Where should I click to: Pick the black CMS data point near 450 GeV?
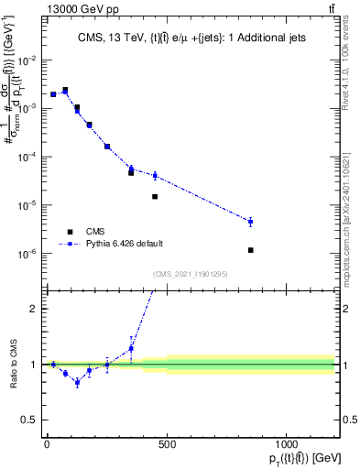tap(155, 197)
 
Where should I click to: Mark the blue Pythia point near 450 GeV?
tap(155, 175)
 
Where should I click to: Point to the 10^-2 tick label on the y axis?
tap(27, 60)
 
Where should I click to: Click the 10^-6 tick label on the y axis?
tap(27, 254)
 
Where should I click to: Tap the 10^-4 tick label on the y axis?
tap(27, 158)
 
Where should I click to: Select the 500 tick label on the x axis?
tap(166, 444)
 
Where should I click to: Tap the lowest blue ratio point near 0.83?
tap(77, 383)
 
